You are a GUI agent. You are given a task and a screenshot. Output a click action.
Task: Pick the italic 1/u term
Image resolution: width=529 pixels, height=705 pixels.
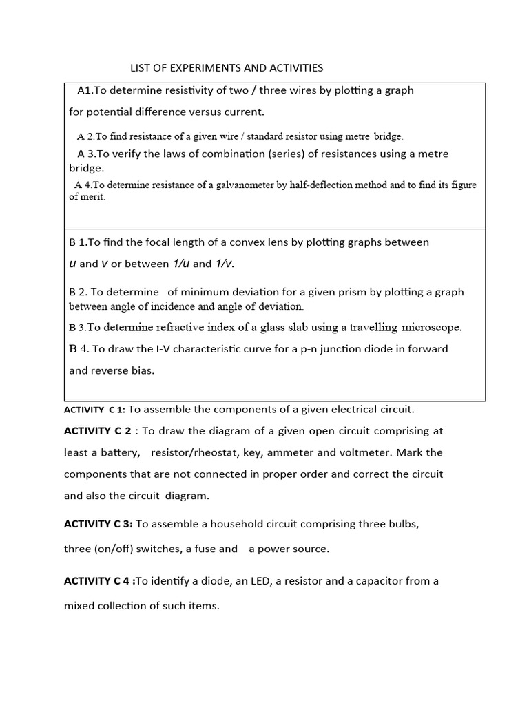click(x=180, y=264)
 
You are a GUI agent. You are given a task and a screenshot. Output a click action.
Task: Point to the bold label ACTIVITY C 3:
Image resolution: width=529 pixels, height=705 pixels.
click(x=98, y=524)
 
